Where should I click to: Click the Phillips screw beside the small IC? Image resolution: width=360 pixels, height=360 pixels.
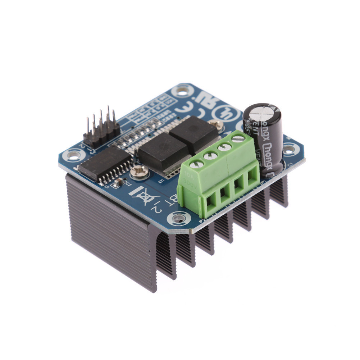[139, 172]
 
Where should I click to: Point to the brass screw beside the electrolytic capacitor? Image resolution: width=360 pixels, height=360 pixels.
[217, 124]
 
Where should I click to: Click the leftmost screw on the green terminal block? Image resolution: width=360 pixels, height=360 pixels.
[197, 164]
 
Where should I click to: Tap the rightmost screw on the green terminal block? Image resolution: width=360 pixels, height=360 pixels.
[238, 138]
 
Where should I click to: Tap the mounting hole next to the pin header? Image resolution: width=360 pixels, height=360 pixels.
[73, 156]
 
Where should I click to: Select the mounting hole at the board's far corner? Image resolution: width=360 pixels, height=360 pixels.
[182, 91]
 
